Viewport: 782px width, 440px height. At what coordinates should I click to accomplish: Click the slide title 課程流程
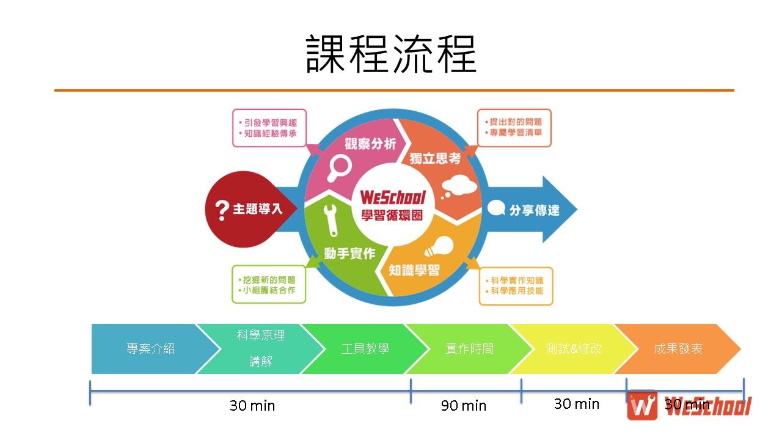tap(391, 54)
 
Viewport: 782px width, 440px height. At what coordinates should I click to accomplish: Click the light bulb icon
tap(441, 248)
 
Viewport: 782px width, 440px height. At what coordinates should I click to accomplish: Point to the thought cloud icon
tap(457, 185)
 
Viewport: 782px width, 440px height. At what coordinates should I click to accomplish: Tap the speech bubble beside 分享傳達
tap(497, 209)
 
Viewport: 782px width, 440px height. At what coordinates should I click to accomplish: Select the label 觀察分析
tap(370, 144)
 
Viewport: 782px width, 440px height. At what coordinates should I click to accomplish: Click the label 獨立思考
tap(435, 158)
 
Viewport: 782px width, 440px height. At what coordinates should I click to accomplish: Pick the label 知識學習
tap(414, 270)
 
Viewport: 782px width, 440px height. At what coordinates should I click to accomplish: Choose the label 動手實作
tap(349, 253)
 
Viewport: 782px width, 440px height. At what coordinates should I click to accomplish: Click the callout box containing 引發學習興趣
tap(269, 128)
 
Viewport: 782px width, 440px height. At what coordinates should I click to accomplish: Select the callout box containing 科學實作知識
tap(516, 286)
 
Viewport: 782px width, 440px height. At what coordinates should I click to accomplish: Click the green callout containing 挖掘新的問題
tap(269, 284)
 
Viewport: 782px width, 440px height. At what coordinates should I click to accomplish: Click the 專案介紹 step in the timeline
tap(150, 349)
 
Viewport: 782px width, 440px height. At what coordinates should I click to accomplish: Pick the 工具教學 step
tap(365, 349)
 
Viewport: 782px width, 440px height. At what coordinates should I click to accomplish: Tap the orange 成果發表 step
tap(678, 349)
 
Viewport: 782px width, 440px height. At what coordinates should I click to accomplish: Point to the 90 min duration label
tap(464, 406)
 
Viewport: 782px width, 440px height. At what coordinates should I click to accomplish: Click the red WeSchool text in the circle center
tap(393, 198)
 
